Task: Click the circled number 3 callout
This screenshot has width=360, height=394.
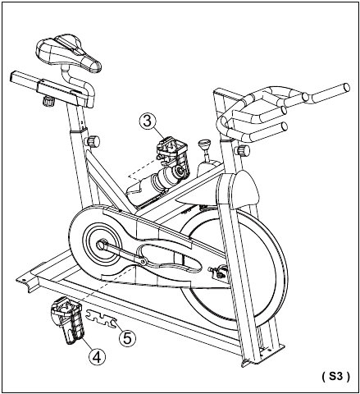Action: click(x=148, y=121)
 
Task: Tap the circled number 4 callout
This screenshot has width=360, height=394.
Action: click(x=98, y=357)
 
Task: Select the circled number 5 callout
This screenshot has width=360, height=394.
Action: click(x=127, y=338)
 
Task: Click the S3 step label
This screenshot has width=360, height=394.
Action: click(x=335, y=377)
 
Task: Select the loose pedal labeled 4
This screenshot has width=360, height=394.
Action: click(x=67, y=319)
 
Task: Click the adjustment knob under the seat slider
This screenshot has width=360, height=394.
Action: click(x=48, y=101)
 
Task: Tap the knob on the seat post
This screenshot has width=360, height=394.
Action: click(x=93, y=141)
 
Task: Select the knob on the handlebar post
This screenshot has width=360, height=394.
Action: click(x=242, y=150)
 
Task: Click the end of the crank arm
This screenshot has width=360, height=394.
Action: click(x=143, y=262)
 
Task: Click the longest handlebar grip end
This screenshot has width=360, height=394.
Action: click(x=346, y=88)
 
